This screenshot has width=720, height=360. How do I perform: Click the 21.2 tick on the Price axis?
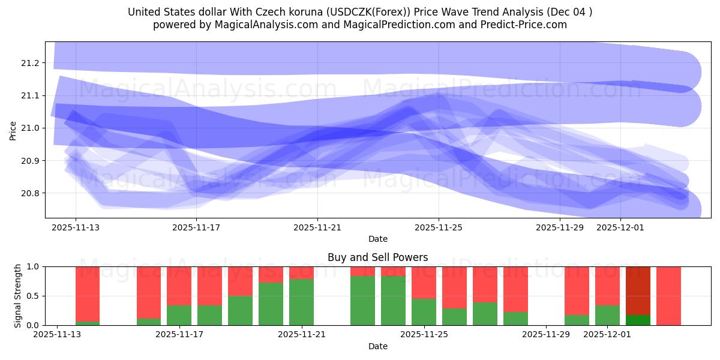click(30, 63)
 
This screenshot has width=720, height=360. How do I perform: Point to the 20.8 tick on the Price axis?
click(30, 193)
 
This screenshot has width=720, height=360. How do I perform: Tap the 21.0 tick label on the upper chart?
click(30, 128)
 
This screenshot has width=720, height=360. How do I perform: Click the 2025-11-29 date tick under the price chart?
click(559, 227)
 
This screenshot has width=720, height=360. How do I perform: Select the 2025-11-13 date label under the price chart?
click(76, 227)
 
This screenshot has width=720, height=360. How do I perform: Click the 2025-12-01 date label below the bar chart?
click(608, 334)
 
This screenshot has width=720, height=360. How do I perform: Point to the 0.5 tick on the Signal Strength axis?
click(34, 296)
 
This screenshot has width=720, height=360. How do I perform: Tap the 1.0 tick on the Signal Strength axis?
click(34, 266)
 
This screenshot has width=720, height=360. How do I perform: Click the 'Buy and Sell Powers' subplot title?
click(377, 257)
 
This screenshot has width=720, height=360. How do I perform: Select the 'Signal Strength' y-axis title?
click(18, 296)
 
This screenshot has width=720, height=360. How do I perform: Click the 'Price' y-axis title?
click(13, 130)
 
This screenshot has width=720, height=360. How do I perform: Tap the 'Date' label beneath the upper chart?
click(377, 239)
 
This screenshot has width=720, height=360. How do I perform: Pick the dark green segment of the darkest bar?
click(638, 320)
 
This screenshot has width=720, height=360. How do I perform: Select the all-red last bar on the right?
click(668, 296)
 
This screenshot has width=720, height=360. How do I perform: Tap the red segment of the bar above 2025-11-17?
click(179, 286)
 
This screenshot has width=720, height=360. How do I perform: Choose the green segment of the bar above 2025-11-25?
click(424, 312)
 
